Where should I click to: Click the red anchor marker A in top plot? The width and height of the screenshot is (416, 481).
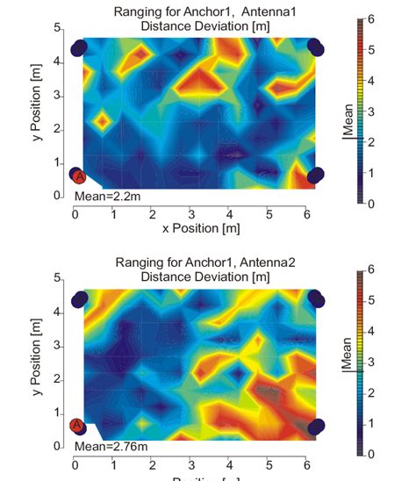click(77, 176)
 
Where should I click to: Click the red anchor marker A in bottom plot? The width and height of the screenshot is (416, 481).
click(77, 426)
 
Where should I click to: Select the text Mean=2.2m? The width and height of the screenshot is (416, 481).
click(106, 196)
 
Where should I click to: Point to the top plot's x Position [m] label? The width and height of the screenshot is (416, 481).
click(201, 228)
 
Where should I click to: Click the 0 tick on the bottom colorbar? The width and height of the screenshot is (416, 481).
click(370, 454)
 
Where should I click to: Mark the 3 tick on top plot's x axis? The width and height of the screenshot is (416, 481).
click(190, 213)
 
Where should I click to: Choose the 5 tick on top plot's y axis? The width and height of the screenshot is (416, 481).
click(57, 29)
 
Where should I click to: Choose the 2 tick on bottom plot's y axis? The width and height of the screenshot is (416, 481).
click(57, 379)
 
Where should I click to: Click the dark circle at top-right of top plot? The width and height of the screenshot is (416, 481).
click(317, 49)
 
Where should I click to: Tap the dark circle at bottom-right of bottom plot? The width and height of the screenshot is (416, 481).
click(316, 427)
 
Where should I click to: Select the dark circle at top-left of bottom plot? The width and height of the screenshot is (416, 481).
click(80, 299)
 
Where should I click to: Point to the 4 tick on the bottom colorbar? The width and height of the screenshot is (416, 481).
click(370, 330)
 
